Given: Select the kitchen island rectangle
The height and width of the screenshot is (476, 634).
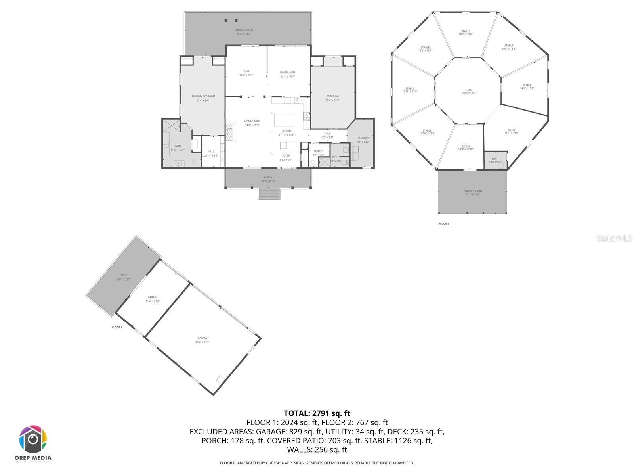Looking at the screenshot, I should [284, 120].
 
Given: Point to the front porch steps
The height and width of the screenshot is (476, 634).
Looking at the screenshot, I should [269, 194].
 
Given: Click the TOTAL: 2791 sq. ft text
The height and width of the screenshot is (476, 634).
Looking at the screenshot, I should [317, 413].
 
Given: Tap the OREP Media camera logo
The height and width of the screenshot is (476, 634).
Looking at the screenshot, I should [33, 440].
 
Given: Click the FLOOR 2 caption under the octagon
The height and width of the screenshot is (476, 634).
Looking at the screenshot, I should [444, 224].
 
